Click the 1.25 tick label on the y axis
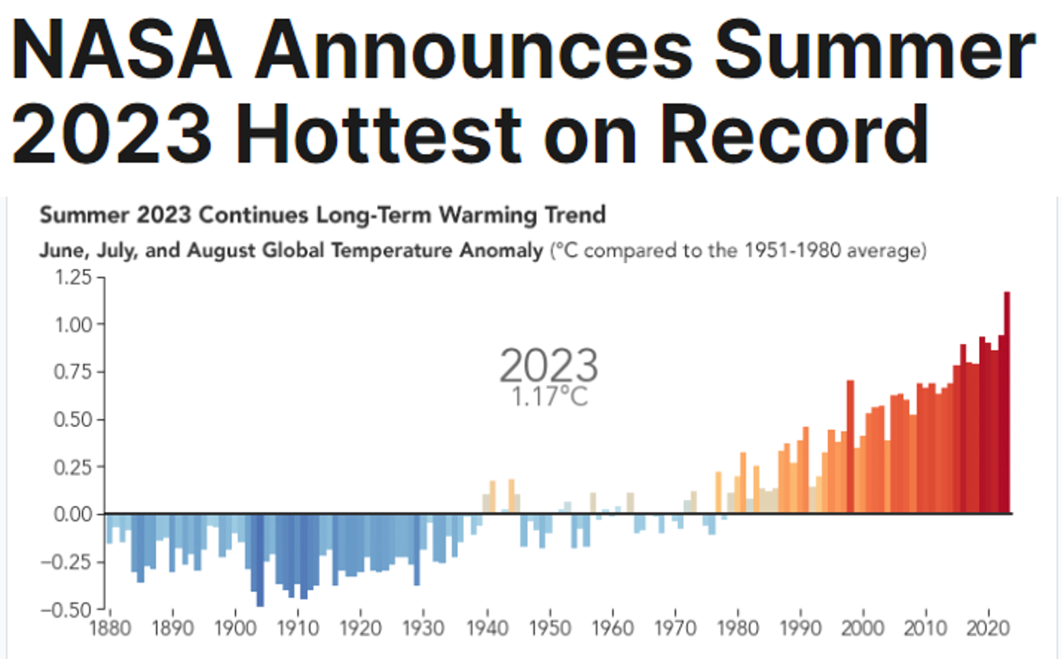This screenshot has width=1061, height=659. pos(73,277)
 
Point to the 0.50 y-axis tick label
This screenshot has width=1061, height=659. pos(73,420)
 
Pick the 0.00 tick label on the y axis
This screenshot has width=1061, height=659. pos(73,515)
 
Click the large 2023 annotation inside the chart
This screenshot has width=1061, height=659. pos(548,365)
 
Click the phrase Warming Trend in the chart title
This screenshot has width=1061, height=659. pos(522,215)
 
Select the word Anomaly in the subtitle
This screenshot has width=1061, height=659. pos(501,251)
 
